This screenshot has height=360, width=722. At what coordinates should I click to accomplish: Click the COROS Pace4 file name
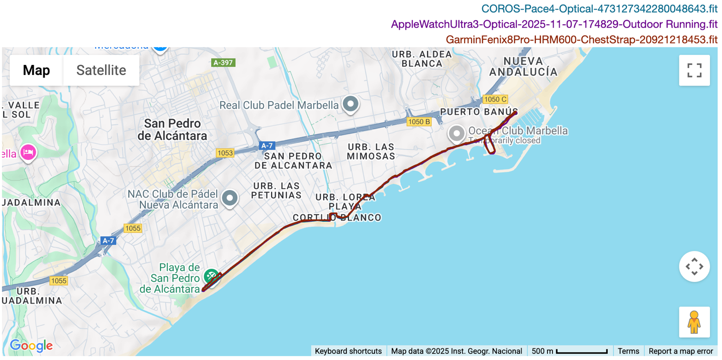(x=599, y=9)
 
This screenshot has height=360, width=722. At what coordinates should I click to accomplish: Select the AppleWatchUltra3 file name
(x=554, y=24)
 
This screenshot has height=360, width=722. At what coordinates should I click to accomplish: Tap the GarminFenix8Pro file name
(x=581, y=40)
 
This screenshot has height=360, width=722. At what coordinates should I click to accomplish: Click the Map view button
(x=36, y=70)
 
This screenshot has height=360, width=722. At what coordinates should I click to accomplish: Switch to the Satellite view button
(x=101, y=70)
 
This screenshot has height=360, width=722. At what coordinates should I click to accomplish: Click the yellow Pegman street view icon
(x=694, y=322)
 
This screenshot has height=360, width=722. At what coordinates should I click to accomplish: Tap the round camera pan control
(x=694, y=266)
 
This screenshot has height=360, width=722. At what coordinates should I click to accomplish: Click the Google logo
(x=31, y=346)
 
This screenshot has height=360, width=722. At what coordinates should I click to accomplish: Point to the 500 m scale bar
(x=570, y=351)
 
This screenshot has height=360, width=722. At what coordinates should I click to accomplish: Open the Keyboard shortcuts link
(x=348, y=351)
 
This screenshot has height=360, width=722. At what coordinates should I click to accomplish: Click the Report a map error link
(x=681, y=351)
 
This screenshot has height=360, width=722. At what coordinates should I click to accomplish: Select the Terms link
(x=628, y=351)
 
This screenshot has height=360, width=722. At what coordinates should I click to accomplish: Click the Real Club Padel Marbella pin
(x=350, y=104)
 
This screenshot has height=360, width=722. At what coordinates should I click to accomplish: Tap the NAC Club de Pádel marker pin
(x=230, y=198)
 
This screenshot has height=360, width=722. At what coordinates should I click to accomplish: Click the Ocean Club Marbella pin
(x=457, y=133)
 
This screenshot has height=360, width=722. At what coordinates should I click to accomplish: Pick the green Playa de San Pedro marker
(x=211, y=276)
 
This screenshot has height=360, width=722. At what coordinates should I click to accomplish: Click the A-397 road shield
(x=223, y=62)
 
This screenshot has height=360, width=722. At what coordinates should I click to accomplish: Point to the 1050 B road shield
(x=419, y=122)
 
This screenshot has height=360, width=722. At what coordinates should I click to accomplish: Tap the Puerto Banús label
(x=479, y=112)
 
